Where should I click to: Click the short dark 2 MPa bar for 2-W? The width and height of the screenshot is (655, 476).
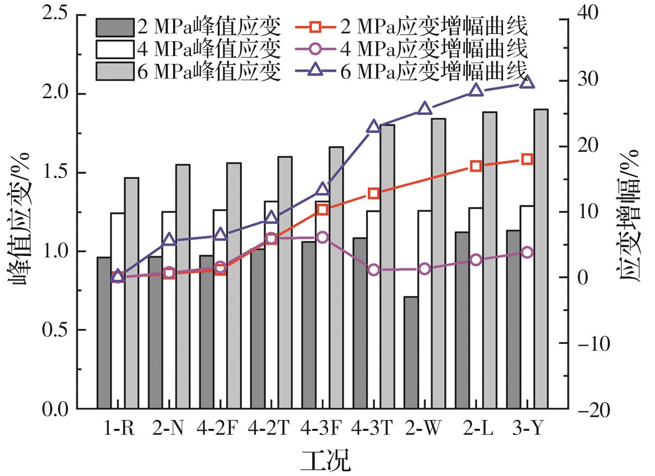click(x=411, y=352)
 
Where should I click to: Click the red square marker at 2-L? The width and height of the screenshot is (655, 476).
click(x=476, y=166)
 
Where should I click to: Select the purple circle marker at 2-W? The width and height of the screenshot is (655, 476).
click(x=425, y=269)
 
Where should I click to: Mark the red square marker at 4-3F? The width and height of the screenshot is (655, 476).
click(x=323, y=210)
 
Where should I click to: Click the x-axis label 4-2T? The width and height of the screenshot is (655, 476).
click(x=269, y=428)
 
